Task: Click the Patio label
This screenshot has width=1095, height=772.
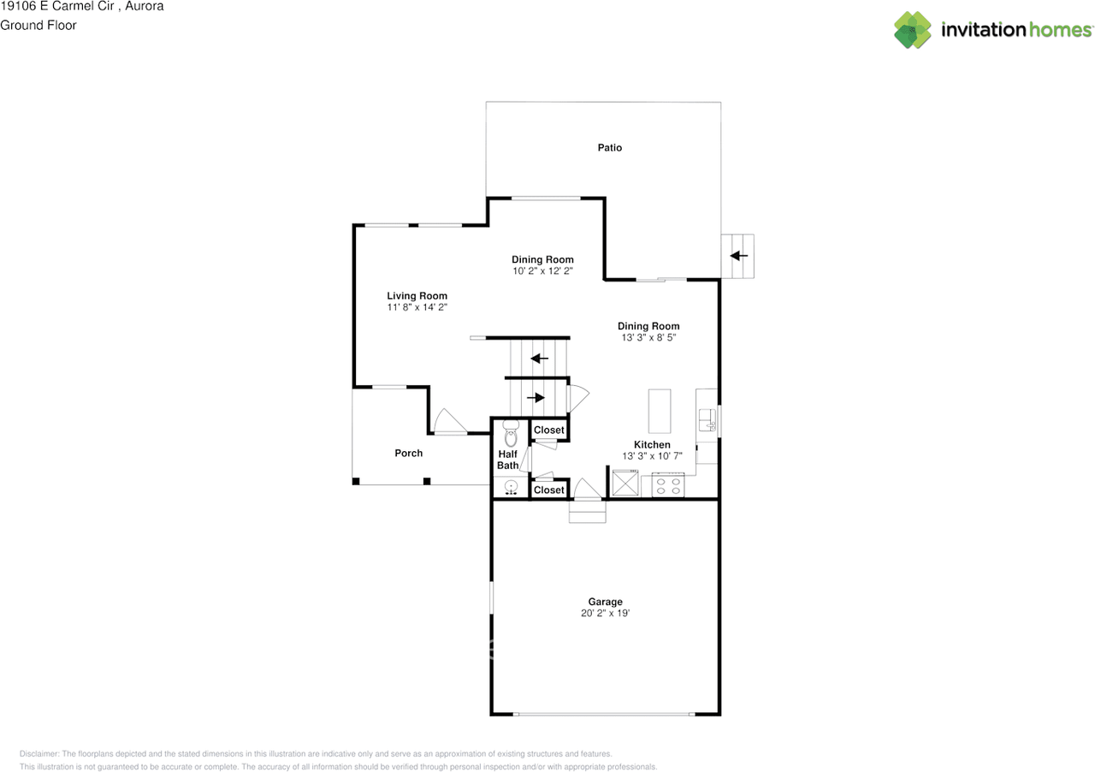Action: [x=609, y=148]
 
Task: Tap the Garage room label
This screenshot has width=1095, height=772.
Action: [x=605, y=602]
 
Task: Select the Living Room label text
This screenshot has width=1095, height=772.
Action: [x=417, y=296]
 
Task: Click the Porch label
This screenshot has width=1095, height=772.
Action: [x=408, y=453]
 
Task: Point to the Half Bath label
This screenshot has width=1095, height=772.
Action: [x=508, y=460]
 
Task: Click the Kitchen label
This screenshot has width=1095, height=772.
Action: [x=652, y=445]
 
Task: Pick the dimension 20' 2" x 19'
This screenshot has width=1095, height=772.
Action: [x=605, y=614]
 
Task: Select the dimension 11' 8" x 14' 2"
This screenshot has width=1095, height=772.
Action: [x=417, y=307]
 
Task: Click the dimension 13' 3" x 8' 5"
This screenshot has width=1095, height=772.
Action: [x=648, y=338]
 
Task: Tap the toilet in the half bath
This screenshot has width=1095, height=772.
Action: [x=511, y=433]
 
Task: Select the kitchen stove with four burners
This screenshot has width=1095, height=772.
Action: [x=668, y=485]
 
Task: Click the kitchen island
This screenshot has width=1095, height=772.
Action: [x=660, y=412]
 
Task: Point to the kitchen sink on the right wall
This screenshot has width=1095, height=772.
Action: [x=707, y=420]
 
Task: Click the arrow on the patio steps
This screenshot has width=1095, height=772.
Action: [x=738, y=255]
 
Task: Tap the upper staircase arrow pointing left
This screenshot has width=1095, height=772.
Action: [x=539, y=358]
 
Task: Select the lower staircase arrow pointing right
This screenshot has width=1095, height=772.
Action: [x=536, y=397]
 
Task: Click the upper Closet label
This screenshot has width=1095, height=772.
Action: [x=549, y=430]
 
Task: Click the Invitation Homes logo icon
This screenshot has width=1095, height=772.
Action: [x=913, y=30]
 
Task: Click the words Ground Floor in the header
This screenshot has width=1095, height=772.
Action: [x=38, y=25]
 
